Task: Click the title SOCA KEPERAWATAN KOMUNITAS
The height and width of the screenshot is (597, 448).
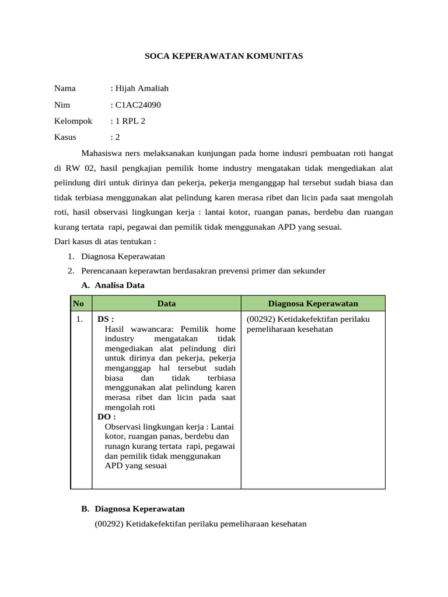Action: point(223,57)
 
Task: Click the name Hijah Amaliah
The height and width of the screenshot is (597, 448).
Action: point(141,89)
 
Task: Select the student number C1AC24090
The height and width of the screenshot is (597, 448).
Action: point(137,105)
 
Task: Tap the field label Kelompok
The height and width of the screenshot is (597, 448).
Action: point(73,121)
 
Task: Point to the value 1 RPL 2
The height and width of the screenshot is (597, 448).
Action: point(129,121)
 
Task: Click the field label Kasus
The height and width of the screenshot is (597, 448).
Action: point(65,137)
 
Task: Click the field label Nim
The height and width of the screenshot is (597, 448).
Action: point(62,105)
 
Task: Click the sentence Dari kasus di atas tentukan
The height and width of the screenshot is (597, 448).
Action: point(105,241)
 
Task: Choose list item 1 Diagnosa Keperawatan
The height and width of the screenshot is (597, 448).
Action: point(123,257)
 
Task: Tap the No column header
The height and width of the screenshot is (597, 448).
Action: point(78,303)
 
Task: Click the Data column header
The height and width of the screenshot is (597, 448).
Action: point(166,303)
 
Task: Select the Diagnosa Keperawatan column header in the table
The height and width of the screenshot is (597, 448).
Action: point(313,303)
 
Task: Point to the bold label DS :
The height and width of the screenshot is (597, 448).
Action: point(106,319)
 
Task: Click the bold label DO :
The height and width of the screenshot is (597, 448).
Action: point(107,417)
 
